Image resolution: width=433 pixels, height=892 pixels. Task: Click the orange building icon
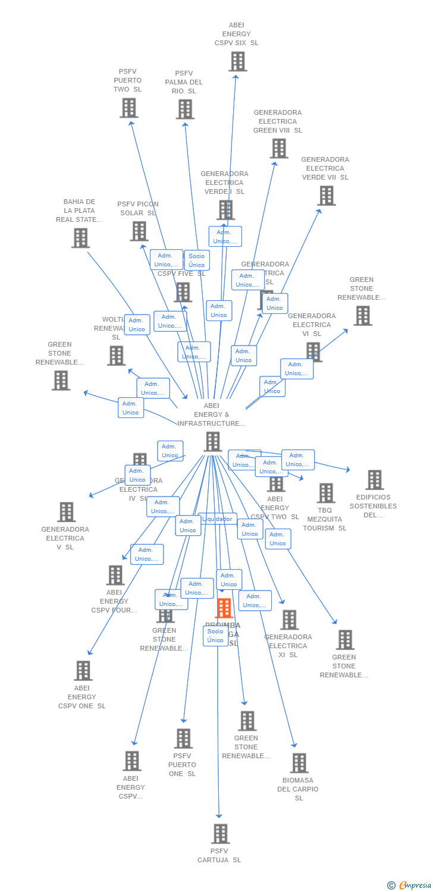coord(224,608)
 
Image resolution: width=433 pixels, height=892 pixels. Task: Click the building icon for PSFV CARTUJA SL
coord(220,834)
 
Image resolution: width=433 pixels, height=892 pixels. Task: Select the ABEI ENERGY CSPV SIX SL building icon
coord(237,61)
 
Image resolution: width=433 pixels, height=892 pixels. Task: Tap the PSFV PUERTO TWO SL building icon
coord(128,108)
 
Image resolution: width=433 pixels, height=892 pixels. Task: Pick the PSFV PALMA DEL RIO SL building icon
coord(185,109)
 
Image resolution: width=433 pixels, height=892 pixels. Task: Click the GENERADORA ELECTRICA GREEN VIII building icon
coord(278,149)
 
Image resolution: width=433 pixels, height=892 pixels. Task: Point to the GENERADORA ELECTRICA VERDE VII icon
coord(326,196)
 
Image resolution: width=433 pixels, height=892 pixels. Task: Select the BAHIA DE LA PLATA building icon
coord(80,238)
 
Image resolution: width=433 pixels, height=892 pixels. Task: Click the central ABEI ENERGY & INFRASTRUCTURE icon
coord(213,442)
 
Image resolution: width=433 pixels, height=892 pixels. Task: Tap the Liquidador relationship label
coord(218,519)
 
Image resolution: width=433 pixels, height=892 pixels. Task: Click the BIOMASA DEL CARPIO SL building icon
coord(299,763)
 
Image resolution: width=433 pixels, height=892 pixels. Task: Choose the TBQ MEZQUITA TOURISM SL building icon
coord(326,493)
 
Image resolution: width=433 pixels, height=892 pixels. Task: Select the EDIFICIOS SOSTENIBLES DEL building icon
coord(374,480)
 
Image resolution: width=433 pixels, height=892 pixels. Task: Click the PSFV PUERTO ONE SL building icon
coord(183,739)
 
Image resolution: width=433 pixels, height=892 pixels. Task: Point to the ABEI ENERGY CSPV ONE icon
coord(83,671)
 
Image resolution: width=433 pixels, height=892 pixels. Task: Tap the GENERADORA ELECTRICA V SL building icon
coord(66,512)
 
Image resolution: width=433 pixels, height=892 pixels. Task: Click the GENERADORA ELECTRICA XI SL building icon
coord(289,620)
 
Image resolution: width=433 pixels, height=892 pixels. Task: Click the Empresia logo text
coord(415,885)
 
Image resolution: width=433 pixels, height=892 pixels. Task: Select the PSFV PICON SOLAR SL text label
coord(137,208)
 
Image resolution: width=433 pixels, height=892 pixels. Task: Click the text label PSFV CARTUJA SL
coord(219,855)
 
